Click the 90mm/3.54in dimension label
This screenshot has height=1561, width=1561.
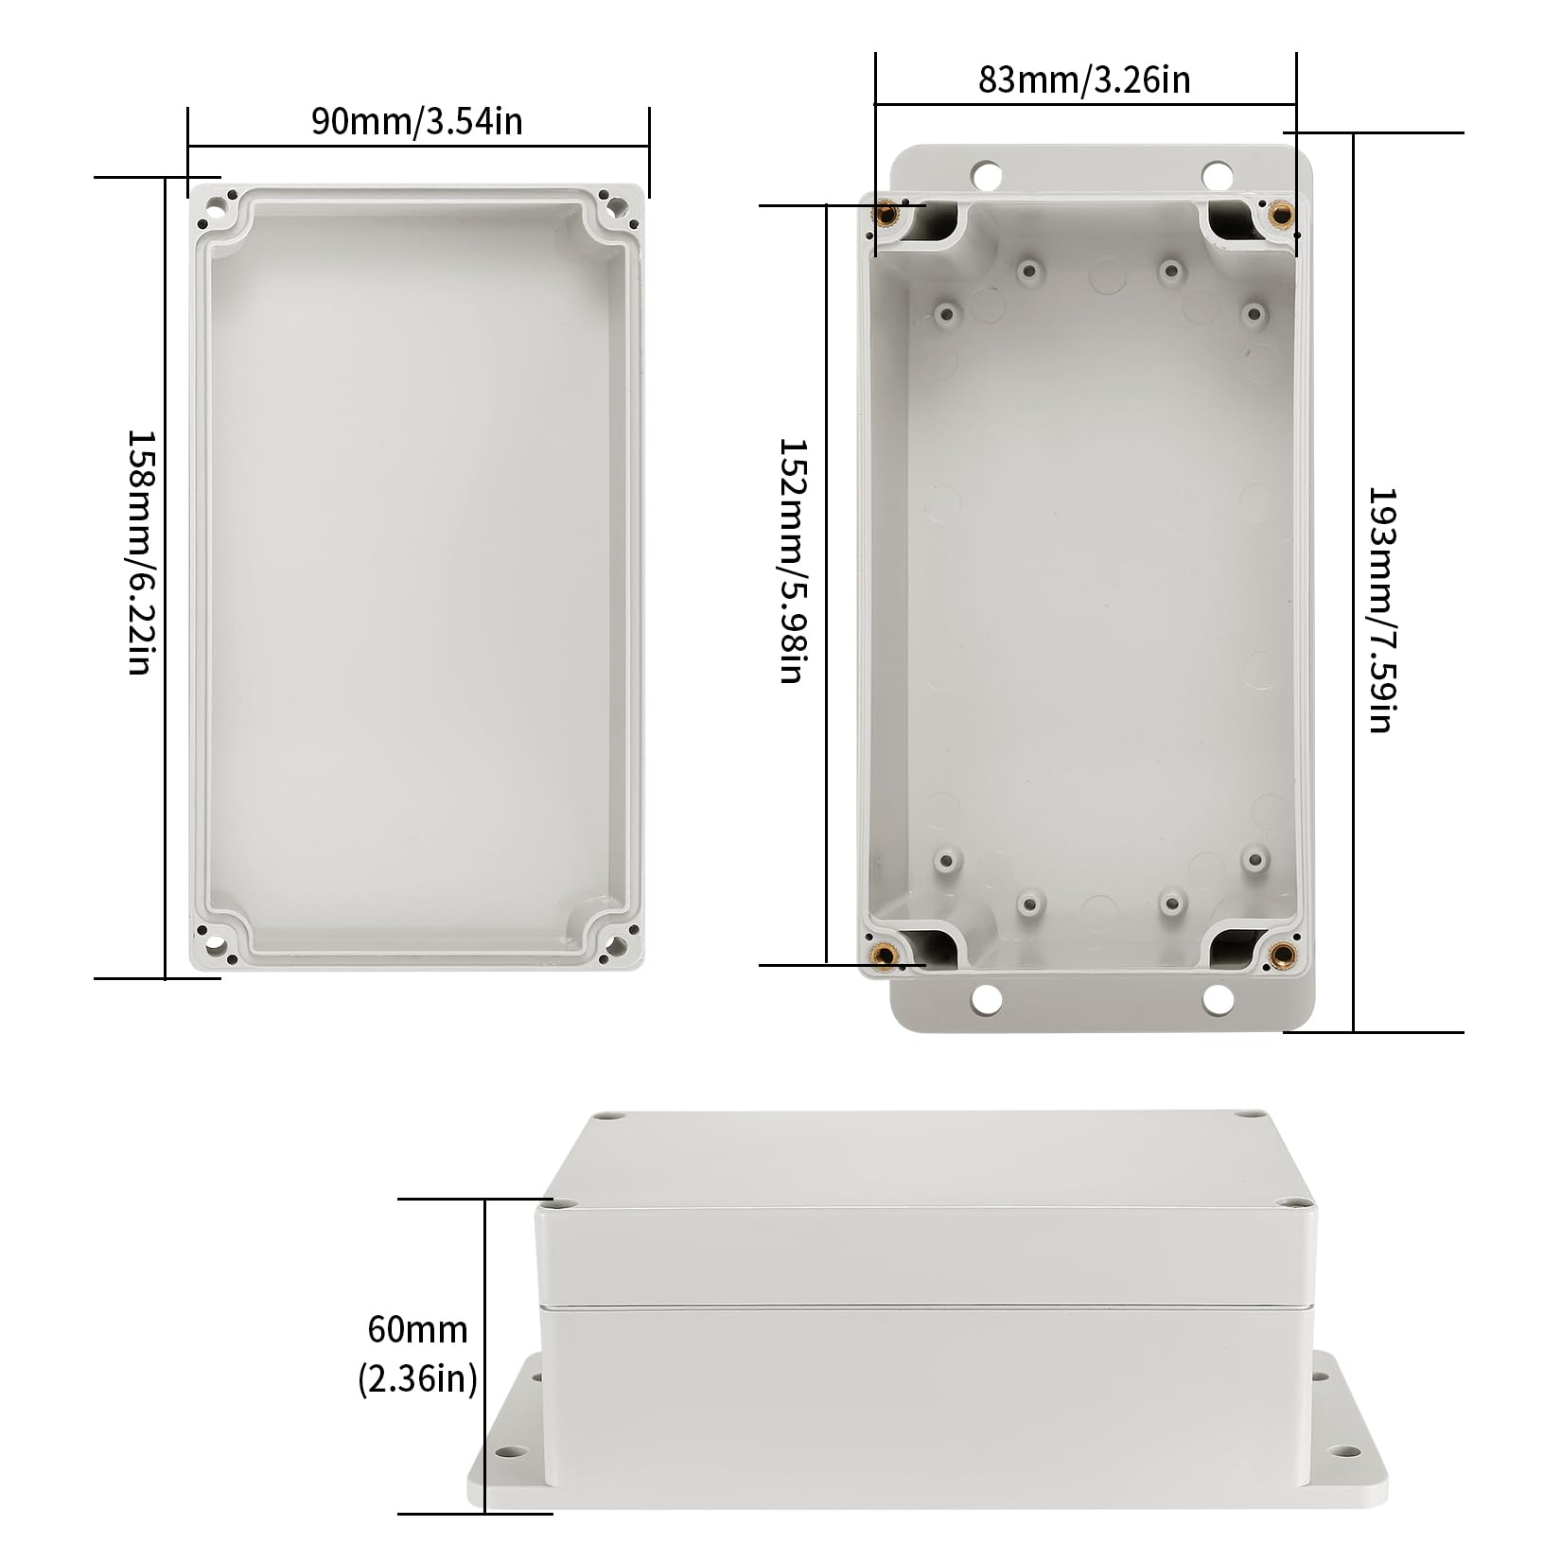(x=417, y=122)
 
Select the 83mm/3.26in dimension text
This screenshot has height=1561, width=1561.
(x=1084, y=80)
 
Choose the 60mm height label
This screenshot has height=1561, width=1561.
(x=417, y=1329)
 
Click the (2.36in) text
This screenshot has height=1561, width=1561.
(x=417, y=1378)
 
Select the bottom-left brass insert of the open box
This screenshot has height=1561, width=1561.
(x=885, y=953)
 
